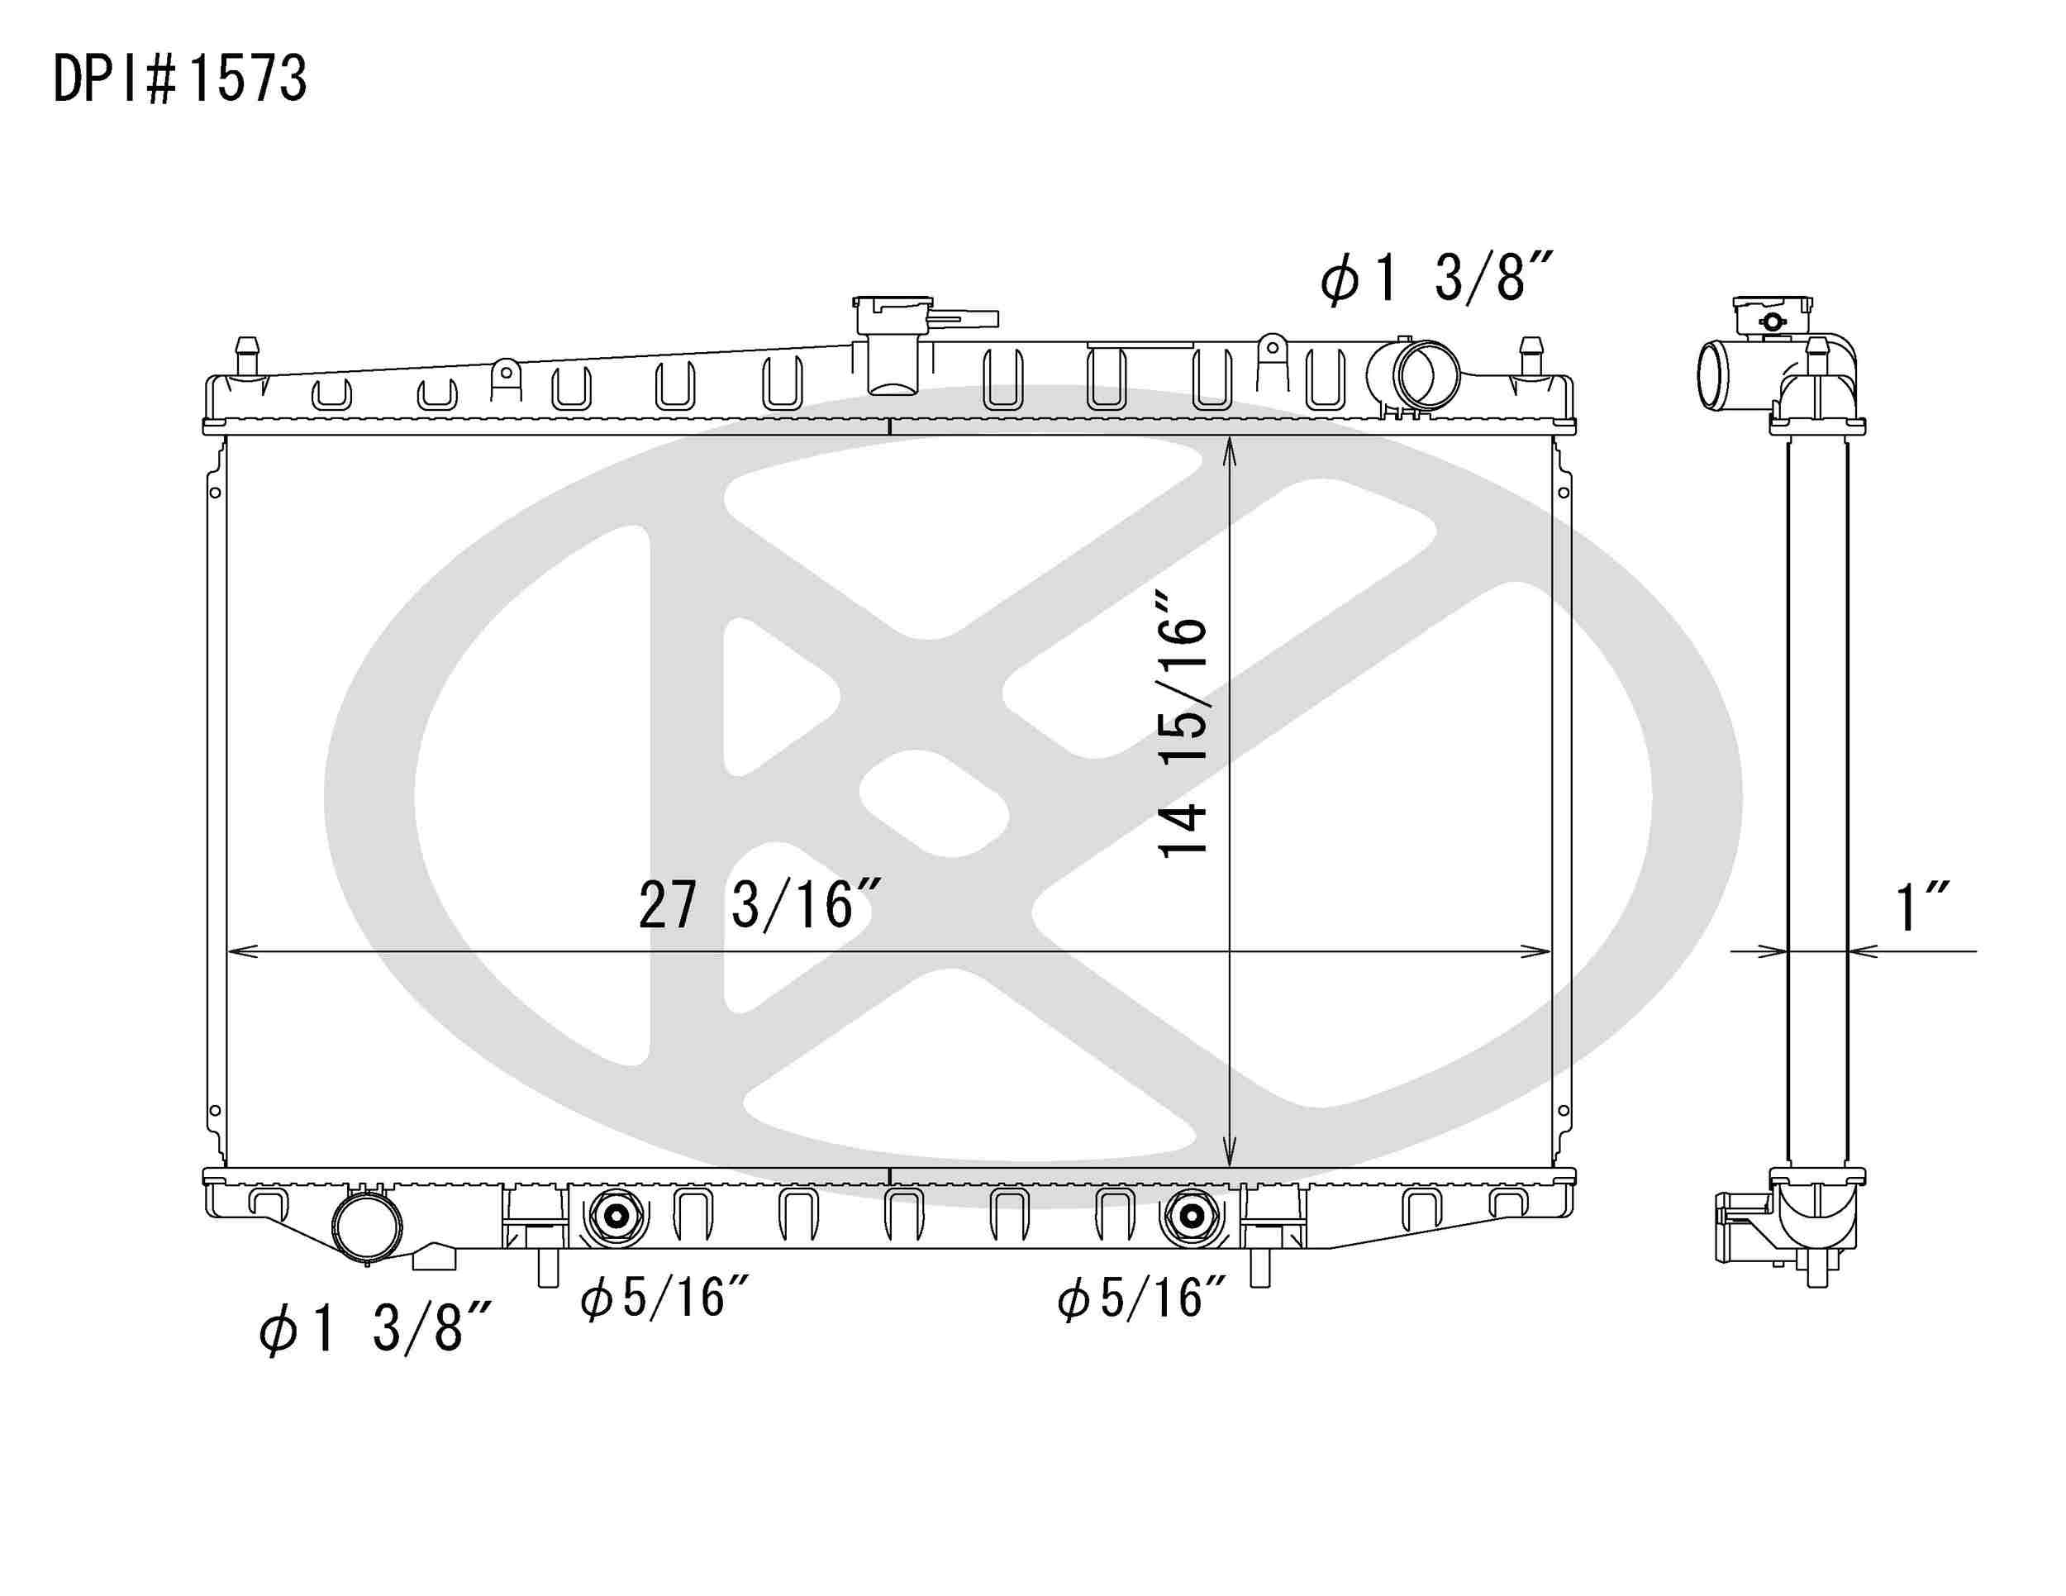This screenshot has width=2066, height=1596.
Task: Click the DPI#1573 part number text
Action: [x=179, y=79]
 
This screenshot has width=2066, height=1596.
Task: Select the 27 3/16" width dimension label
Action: [x=760, y=905]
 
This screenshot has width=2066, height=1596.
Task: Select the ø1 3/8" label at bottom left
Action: [x=375, y=1327]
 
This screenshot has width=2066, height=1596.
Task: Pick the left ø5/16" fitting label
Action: [x=665, y=1298]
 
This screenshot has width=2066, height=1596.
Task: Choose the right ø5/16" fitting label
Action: [x=1142, y=1298]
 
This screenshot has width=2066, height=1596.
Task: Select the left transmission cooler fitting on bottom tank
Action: [x=616, y=1216]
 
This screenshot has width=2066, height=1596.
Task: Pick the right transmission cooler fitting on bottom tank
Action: [x=1191, y=1216]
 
